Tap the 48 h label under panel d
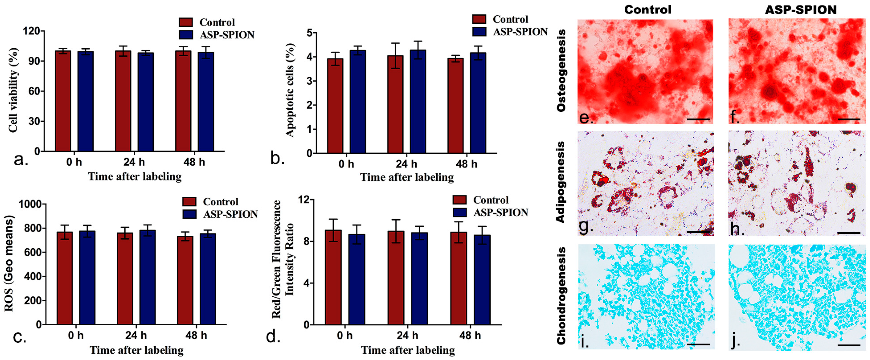470,335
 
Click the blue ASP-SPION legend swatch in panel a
186,35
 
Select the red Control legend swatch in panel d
459,200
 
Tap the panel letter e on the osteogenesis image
586,118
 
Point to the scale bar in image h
849,233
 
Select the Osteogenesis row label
561,70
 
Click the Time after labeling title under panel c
136,350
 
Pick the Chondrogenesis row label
561,296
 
